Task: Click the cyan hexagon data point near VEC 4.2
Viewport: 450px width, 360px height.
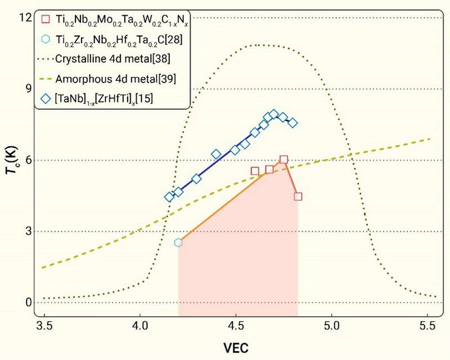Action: [178, 242]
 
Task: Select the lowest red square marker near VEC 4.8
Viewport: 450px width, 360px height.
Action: [298, 196]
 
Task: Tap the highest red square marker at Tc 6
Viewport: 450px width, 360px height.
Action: [284, 160]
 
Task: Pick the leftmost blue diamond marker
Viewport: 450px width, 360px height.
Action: [169, 197]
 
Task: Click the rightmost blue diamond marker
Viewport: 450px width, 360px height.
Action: [292, 123]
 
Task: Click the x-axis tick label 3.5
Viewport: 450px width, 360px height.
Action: [44, 326]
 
